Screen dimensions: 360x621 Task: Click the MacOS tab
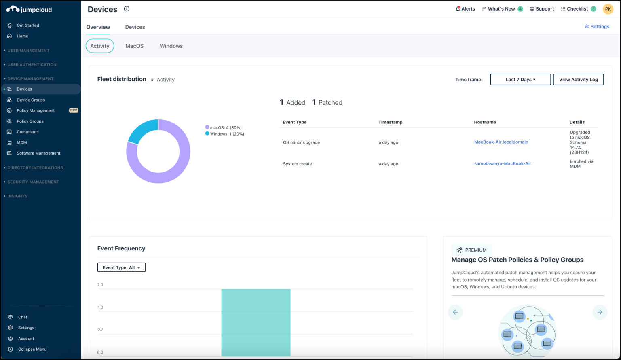pos(134,46)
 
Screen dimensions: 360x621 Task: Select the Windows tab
pos(171,46)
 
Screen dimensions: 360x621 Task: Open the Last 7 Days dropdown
pos(520,80)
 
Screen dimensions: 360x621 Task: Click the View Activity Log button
pos(578,80)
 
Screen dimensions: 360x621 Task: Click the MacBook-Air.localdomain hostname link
pos(501,142)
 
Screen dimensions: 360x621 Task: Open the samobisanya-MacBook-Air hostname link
pos(503,163)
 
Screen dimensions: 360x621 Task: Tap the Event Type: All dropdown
pos(121,267)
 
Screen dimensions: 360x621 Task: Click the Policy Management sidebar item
pos(36,110)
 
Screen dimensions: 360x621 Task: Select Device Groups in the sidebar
pos(31,100)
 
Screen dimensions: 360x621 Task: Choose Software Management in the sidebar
pos(38,153)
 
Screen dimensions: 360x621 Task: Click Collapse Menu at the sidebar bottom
pos(32,349)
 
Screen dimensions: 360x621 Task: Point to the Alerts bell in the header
pos(465,9)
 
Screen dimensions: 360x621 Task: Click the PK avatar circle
pos(608,9)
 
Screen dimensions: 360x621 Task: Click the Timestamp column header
pos(390,122)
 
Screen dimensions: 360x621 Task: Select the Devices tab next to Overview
pos(135,27)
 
